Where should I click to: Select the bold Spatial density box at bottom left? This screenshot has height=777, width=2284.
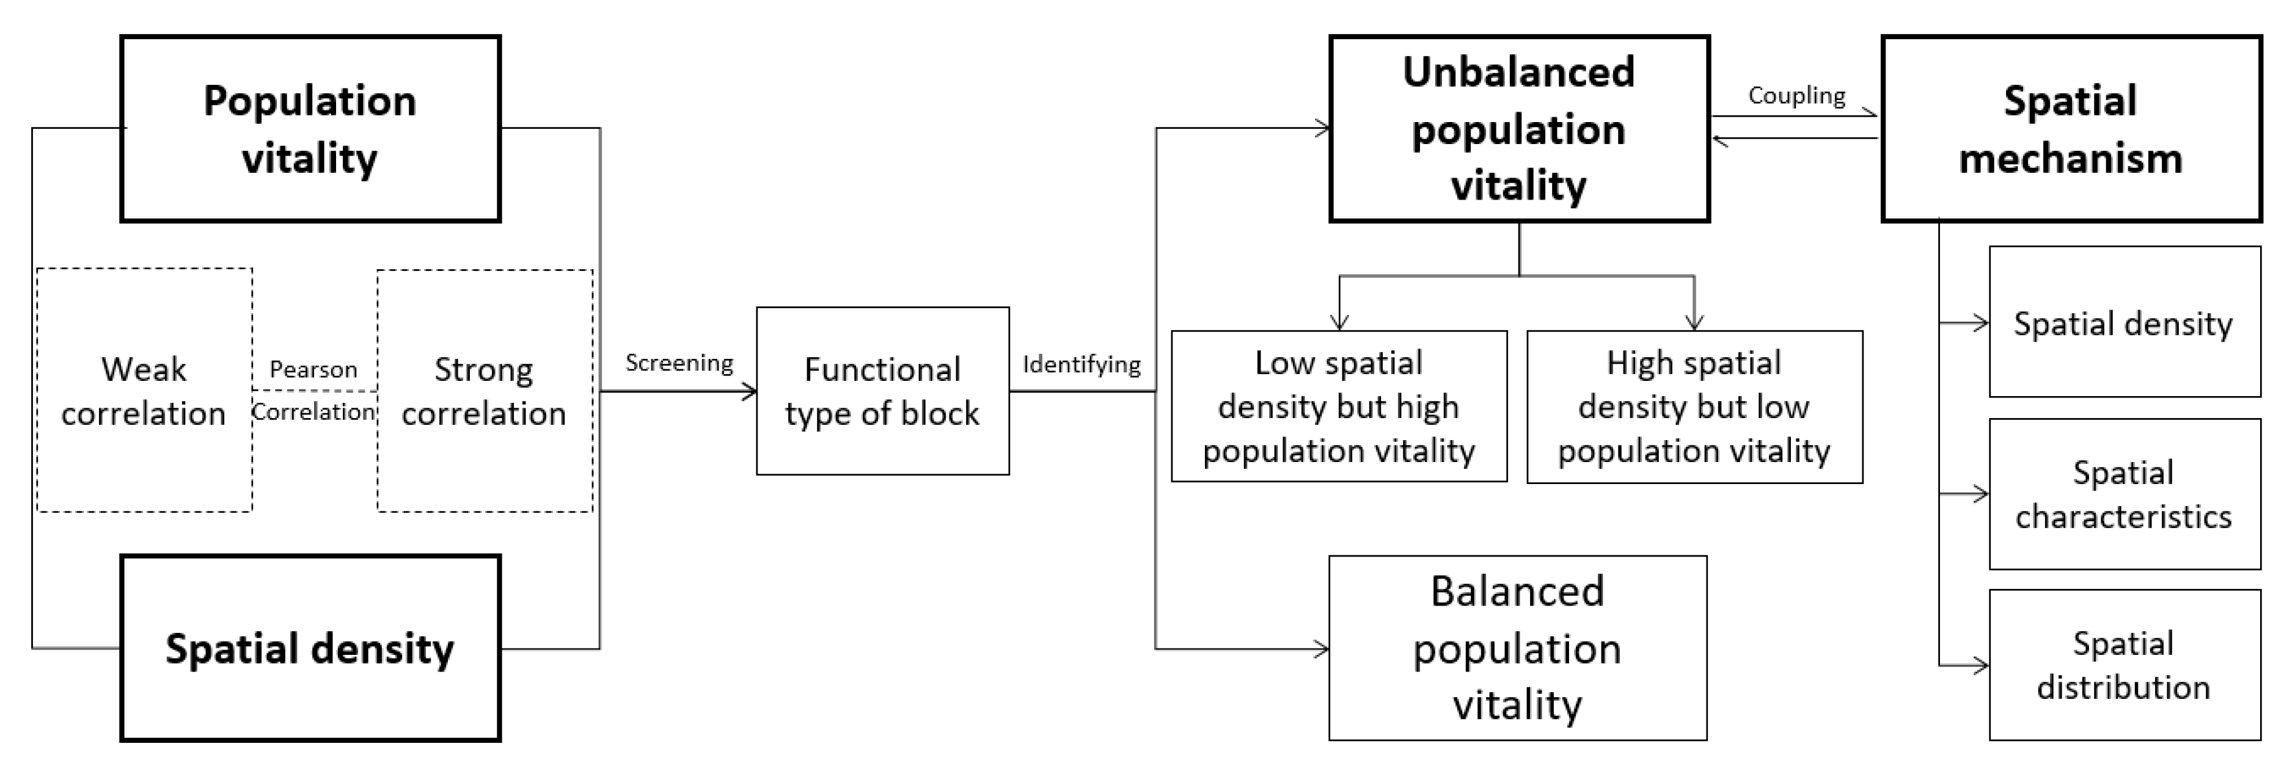click(310, 649)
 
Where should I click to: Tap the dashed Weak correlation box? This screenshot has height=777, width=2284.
click(144, 391)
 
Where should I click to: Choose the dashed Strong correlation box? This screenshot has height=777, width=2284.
click(484, 391)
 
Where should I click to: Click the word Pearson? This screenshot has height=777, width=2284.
click(313, 369)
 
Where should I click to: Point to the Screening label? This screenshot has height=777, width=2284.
click(679, 363)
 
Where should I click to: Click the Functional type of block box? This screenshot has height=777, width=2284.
click(882, 391)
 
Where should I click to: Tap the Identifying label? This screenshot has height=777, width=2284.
click(1081, 364)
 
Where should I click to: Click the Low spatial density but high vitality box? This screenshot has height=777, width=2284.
click(1339, 407)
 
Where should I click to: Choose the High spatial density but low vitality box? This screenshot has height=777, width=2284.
click(1694, 407)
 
